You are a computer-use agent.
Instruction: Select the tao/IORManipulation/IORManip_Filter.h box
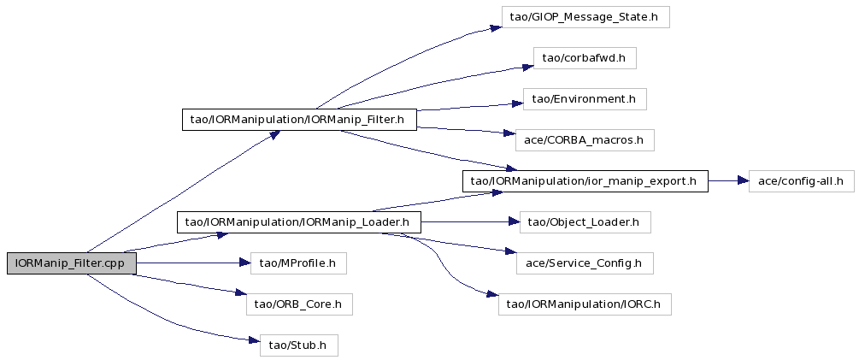pyautogui.click(x=299, y=120)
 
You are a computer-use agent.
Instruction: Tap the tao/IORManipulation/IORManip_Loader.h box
pyautogui.click(x=298, y=222)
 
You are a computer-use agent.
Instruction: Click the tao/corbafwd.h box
pyautogui.click(x=585, y=58)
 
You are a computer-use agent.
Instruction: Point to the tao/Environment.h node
pyautogui.click(x=585, y=99)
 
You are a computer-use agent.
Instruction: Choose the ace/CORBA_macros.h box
pyautogui.click(x=585, y=140)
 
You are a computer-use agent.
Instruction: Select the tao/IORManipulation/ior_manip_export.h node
pyautogui.click(x=585, y=180)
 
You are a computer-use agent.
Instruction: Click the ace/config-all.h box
pyautogui.click(x=802, y=180)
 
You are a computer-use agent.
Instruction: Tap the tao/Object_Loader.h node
pyautogui.click(x=585, y=222)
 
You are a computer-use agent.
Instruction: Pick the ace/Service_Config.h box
pyautogui.click(x=585, y=263)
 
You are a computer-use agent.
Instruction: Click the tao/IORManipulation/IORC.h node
pyautogui.click(x=585, y=304)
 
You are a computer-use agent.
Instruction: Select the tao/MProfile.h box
pyautogui.click(x=298, y=263)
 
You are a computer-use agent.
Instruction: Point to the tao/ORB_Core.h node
pyautogui.click(x=299, y=304)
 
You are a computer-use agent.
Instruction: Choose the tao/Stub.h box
pyautogui.click(x=298, y=345)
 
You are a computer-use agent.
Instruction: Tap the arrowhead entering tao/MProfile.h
pyautogui.click(x=244, y=263)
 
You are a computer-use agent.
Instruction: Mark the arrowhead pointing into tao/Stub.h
pyautogui.click(x=254, y=341)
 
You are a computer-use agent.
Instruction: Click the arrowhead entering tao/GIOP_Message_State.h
pyautogui.click(x=495, y=27)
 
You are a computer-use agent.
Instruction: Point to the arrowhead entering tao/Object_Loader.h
pyautogui.click(x=513, y=222)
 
